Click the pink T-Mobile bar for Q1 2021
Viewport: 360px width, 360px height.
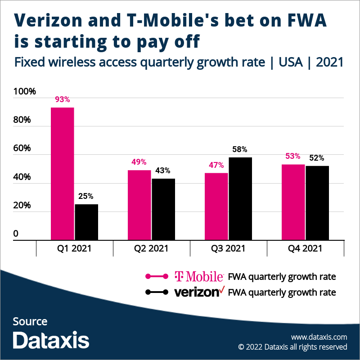[x=62, y=174]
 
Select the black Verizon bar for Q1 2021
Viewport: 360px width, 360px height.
[x=86, y=222]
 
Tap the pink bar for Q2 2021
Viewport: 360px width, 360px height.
[x=139, y=205]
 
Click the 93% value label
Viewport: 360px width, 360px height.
[x=62, y=100]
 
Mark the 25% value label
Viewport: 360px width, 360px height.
[x=86, y=196]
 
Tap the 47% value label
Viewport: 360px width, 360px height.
[x=216, y=165]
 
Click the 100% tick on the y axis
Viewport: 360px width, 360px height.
[x=24, y=92]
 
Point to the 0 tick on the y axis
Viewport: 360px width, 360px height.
[x=16, y=234]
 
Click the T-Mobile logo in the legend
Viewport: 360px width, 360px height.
[x=199, y=276]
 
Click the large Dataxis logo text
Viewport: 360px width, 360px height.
[x=51, y=340]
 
